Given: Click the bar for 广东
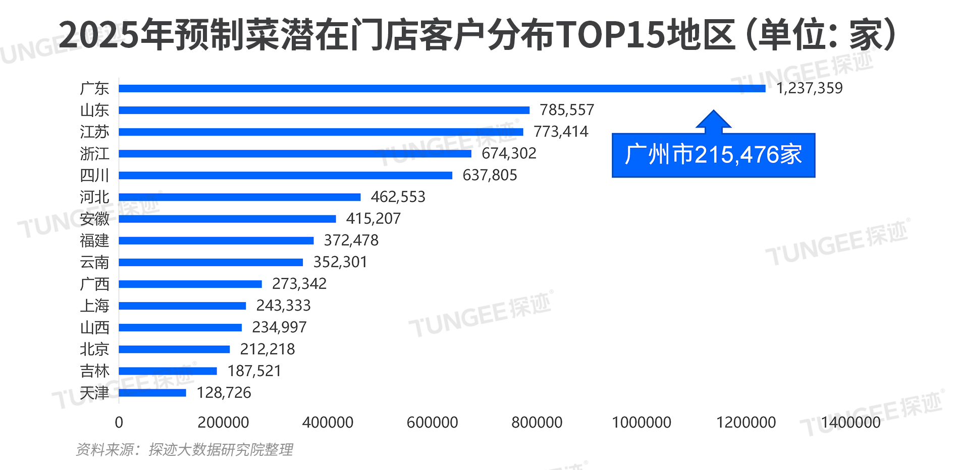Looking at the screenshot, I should point(442,88).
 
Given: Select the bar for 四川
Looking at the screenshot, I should point(285,175).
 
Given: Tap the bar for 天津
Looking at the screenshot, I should point(152,392).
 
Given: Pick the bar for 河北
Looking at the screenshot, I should point(240,197).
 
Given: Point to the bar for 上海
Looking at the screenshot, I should point(182,306).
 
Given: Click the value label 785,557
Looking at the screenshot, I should point(567,110).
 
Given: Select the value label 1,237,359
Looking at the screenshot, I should point(809,88).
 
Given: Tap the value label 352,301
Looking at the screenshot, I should point(340,262).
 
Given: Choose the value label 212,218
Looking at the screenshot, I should point(267,349).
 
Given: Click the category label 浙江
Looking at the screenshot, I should point(94,153).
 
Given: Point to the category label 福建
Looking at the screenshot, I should point(94,241).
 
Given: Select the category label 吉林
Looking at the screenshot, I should point(94,371).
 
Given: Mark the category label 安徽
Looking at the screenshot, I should point(94,219).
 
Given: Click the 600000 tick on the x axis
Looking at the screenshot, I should point(432,423).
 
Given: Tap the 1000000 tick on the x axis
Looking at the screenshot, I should point(641,423).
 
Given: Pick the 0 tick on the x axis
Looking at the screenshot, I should point(119,423).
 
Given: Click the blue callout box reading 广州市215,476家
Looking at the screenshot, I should point(713,155).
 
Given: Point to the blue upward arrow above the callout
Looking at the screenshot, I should point(713,122).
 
